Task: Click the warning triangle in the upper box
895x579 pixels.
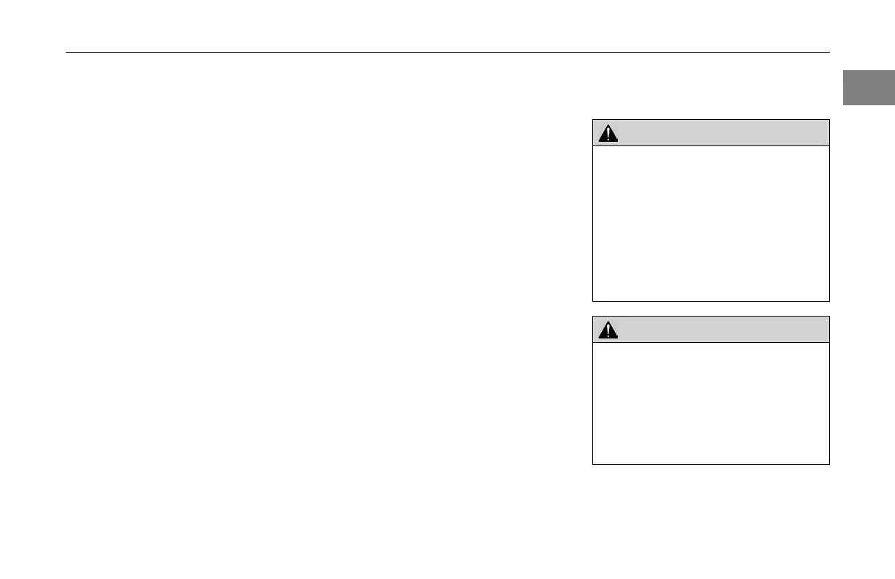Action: click(608, 133)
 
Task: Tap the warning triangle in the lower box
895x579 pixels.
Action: click(608, 330)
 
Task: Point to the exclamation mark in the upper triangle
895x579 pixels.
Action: click(608, 135)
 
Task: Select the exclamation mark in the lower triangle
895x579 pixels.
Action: click(608, 331)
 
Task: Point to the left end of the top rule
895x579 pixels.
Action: click(67, 53)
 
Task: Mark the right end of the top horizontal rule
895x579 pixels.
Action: click(829, 53)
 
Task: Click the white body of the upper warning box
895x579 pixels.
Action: click(711, 223)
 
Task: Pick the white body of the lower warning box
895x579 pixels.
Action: click(711, 403)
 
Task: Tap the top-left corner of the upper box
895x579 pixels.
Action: click(593, 120)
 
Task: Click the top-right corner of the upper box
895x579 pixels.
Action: click(829, 120)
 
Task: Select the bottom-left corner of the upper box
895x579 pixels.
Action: click(593, 300)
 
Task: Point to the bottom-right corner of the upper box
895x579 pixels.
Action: click(829, 300)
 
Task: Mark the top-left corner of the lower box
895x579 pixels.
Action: click(593, 317)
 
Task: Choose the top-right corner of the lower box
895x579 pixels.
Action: click(829, 317)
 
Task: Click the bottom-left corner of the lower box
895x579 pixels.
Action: click(593, 463)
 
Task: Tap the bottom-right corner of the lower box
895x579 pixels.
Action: click(829, 463)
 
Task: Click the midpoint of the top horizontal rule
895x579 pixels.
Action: click(448, 53)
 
